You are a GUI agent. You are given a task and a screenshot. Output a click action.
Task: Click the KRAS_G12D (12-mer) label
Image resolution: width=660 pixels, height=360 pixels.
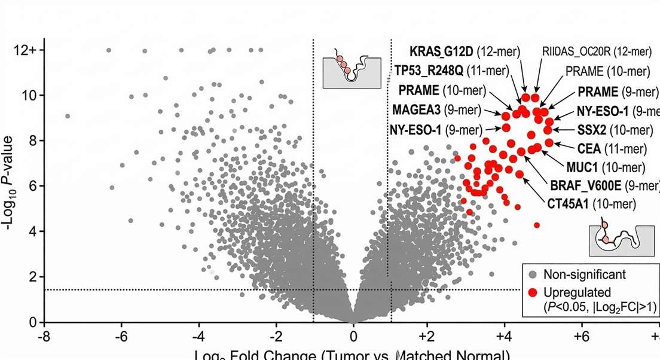pos(465,52)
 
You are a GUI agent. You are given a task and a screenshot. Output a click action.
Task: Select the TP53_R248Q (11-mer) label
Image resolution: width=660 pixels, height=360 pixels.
pos(451,71)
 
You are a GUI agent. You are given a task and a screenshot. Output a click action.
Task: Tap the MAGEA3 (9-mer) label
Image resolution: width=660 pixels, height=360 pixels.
pos(436,109)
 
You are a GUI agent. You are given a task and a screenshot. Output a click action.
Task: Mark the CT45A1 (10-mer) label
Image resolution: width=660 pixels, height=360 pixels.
pos(591,204)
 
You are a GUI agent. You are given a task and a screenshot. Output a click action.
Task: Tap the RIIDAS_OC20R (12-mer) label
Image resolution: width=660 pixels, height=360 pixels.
pos(597,52)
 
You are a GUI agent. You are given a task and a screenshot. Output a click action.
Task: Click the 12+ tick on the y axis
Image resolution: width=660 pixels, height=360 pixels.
pos(26,50)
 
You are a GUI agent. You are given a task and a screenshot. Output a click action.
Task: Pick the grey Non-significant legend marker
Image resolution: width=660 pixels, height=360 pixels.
pos(533,275)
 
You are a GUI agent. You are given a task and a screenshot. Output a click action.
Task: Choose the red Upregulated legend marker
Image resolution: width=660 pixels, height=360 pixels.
pos(533,292)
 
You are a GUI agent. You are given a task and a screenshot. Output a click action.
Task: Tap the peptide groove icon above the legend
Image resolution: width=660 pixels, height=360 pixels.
pos(616,240)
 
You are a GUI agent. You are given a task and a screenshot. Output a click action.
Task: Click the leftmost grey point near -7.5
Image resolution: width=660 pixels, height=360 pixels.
pos(68,116)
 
